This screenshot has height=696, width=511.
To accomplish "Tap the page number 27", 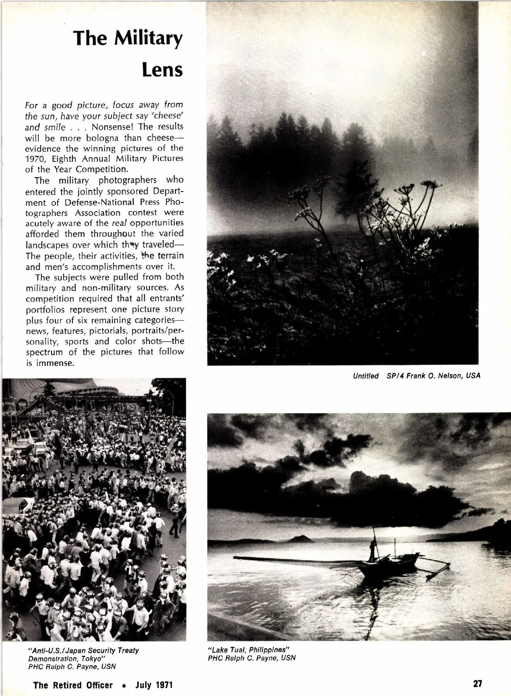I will click(x=477, y=684).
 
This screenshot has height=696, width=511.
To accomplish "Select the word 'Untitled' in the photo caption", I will click(x=365, y=376).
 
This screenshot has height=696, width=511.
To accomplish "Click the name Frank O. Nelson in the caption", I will click(x=431, y=376).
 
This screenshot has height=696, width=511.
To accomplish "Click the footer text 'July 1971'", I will click(x=154, y=685).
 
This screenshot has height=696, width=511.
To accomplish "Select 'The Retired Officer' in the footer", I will click(x=73, y=685).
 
